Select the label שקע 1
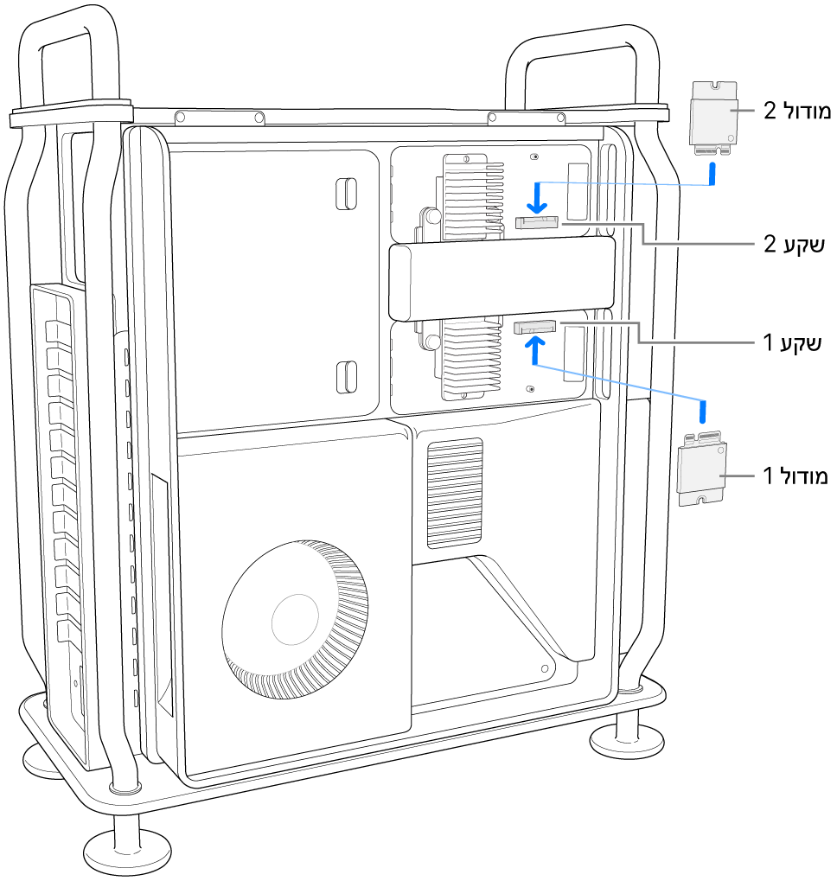[789, 343]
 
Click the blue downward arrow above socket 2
[538, 197]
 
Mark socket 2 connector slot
[537, 223]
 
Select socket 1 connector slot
[536, 328]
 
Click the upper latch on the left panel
[345, 192]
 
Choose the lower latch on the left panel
[345, 376]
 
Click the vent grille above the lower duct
[454, 491]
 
